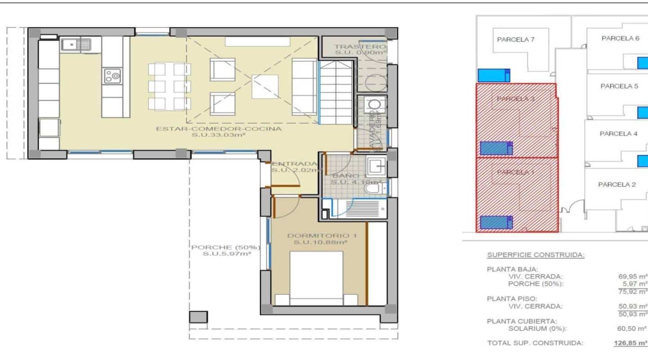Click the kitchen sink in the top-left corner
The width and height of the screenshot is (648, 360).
pyautogui.click(x=75, y=45)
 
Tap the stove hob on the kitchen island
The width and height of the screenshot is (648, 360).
pyautogui.click(x=112, y=76)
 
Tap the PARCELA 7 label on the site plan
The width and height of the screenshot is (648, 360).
pyautogui.click(x=516, y=39)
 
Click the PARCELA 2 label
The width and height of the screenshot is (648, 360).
pyautogui.click(x=616, y=184)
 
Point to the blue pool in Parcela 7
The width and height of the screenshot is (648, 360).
pyautogui.click(x=494, y=75)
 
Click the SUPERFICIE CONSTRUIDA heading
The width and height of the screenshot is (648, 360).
pyautogui.click(x=535, y=255)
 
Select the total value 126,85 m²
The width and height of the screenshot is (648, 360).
pyautogui.click(x=630, y=343)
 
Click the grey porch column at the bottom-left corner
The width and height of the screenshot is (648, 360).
pyautogui.click(x=198, y=317)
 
